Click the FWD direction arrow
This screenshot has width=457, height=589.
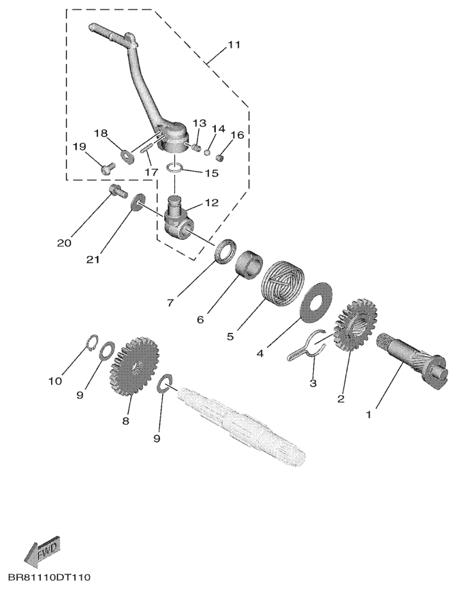42,551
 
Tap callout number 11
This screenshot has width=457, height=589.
233,45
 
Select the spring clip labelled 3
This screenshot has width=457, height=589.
307,348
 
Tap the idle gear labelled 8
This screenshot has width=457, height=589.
134,366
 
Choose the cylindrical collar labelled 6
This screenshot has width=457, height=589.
249,263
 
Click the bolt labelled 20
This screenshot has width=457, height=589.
116,191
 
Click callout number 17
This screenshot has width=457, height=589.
152,172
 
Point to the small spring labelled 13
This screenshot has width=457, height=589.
193,147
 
